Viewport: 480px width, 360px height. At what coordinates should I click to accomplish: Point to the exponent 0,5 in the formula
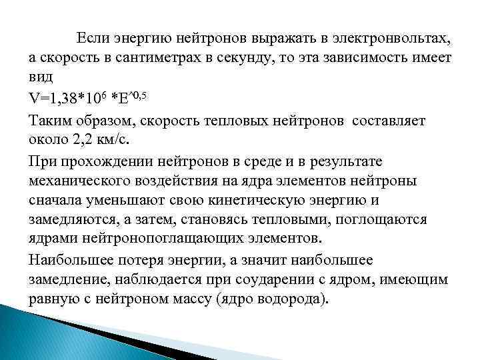click(x=137, y=96)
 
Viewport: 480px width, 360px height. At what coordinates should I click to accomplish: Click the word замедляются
click(x=76, y=219)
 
